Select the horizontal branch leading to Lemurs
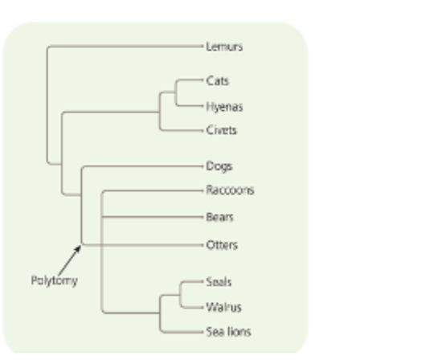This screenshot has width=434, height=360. coord(121,46)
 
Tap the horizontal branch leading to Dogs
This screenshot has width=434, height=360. coord(141,166)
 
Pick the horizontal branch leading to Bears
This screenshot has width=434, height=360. coord(149,217)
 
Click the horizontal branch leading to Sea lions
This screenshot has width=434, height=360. coord(181,329)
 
